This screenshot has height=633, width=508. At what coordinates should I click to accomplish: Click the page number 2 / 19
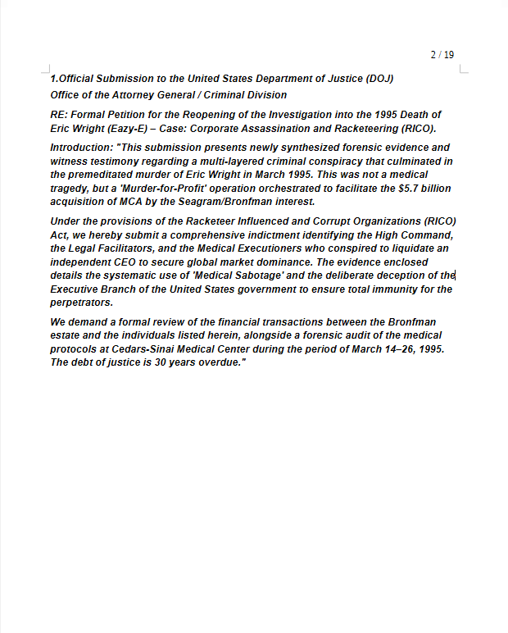442,55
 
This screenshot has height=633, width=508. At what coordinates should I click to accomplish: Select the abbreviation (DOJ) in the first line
379,79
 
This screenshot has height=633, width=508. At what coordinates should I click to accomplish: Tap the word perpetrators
81,302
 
